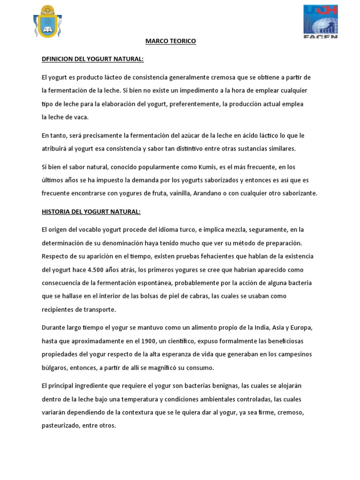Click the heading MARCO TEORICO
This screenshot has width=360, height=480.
(171, 41)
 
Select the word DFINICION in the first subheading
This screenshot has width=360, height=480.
(58, 59)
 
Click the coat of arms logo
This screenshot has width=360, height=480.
(47, 22)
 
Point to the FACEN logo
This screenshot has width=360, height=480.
(320, 22)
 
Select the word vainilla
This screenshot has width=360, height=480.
(178, 193)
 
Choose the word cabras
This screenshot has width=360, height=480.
(197, 296)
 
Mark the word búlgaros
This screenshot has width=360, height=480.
(54, 367)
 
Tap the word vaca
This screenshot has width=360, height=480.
(81, 117)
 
